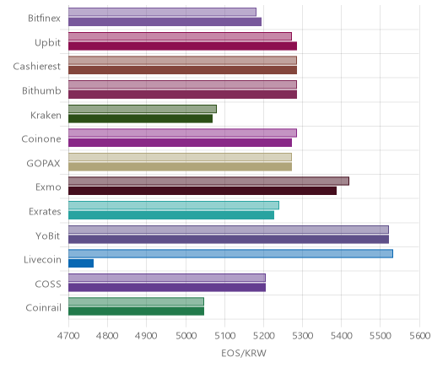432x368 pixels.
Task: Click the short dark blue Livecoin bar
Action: tap(81, 263)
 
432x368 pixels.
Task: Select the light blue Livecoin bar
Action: tap(230, 254)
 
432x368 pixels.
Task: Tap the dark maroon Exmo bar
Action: tap(202, 191)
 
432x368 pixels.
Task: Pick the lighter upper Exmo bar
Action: tap(208, 181)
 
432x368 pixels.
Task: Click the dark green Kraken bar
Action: tap(140, 119)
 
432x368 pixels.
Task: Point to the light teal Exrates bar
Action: tap(174, 205)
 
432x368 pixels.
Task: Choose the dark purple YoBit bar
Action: tap(229, 240)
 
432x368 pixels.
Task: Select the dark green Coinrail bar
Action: tap(136, 311)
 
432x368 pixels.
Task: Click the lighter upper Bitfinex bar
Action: tap(162, 12)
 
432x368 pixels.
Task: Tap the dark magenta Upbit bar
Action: tap(182, 46)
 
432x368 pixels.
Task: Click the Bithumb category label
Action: tap(41, 90)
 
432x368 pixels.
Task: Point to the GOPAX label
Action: tap(43, 163)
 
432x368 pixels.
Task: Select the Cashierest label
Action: tap(36, 67)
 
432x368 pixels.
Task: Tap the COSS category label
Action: tap(48, 284)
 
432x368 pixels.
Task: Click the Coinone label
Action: tap(41, 139)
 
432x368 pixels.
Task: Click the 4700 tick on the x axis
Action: tap(68, 336)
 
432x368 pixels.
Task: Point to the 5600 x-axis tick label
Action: tap(420, 336)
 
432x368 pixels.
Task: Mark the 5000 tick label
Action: tap(186, 336)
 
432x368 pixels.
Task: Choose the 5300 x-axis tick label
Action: tap(303, 336)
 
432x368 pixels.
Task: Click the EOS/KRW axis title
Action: tap(244, 353)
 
